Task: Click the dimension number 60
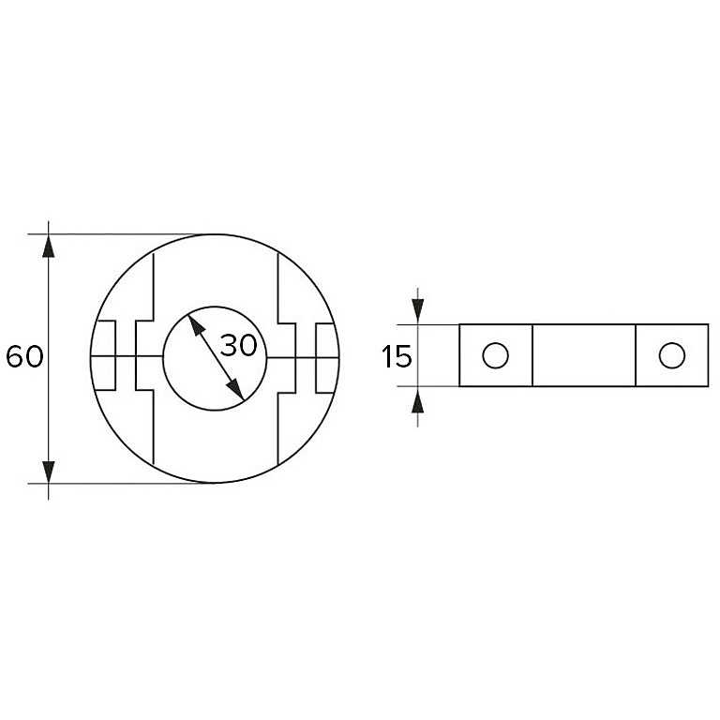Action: point(24,356)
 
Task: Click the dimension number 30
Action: point(239,345)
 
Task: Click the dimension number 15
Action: point(397,356)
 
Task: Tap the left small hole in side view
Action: point(495,355)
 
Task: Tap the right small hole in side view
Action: point(672,355)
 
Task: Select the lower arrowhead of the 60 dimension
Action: point(48,472)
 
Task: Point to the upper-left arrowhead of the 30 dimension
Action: point(196,325)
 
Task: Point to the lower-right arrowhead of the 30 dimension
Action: point(235,390)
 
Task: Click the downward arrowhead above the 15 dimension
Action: point(418,311)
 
